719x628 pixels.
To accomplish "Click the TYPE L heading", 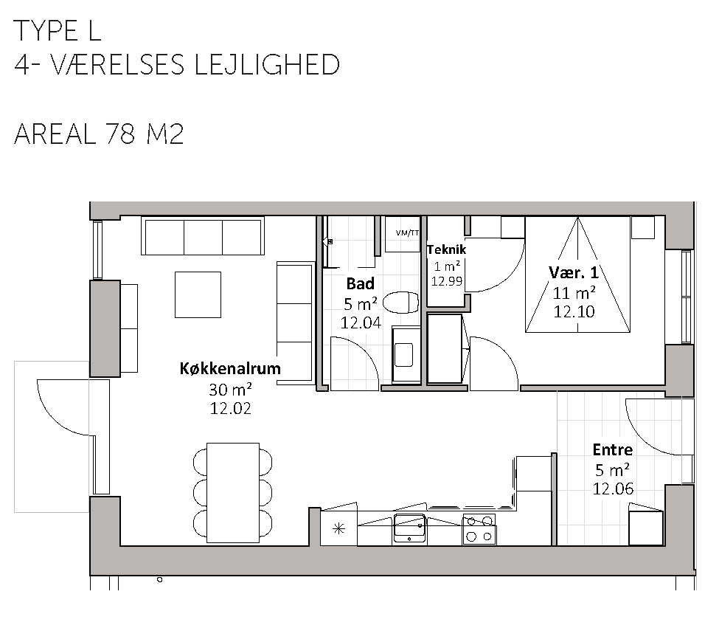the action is [x=58, y=31].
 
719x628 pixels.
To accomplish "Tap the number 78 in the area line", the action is [x=121, y=134].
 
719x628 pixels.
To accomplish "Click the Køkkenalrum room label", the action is [x=230, y=368].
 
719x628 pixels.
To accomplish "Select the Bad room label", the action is [x=361, y=283].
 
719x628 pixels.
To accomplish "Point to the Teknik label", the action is [x=446, y=249].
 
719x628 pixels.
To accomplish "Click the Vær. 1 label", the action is [x=574, y=272].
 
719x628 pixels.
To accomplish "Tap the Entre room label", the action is [x=613, y=449].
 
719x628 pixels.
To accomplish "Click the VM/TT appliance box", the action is [x=403, y=234].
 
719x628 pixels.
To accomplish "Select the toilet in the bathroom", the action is [x=400, y=303].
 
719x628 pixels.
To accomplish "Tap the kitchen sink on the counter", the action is [x=410, y=528].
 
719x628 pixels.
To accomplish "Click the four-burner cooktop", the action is [x=479, y=529].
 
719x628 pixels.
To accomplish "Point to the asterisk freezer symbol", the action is [x=338, y=529].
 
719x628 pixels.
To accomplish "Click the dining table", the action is [x=233, y=493].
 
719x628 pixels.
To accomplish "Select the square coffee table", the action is [x=198, y=294].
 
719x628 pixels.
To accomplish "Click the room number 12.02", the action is [x=230, y=408].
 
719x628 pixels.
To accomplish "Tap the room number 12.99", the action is [x=447, y=280].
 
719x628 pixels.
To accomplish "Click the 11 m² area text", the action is [x=574, y=292].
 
